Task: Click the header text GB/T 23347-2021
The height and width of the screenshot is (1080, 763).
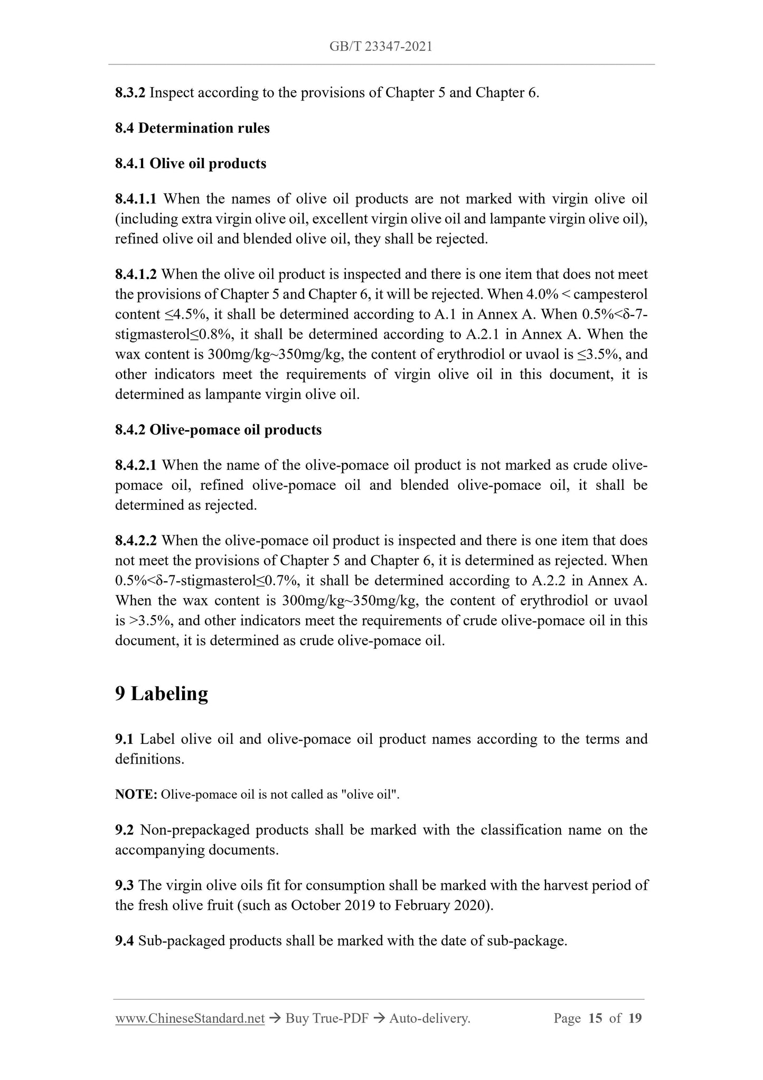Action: click(x=381, y=46)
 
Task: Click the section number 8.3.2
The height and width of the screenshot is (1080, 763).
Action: click(x=130, y=93)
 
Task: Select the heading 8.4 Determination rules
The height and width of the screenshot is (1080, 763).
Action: click(x=192, y=128)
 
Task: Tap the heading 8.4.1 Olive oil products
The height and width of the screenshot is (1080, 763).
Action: click(x=191, y=164)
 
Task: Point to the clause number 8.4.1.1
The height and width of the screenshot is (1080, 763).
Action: click(x=136, y=199)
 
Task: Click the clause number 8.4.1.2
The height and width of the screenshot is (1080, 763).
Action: click(x=136, y=275)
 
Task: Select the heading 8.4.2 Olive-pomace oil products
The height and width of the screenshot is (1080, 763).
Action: click(x=218, y=430)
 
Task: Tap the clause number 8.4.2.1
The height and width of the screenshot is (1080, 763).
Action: click(x=136, y=465)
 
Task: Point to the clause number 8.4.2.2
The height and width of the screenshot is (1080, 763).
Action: click(x=136, y=541)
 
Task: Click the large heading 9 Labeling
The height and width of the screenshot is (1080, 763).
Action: click(x=162, y=693)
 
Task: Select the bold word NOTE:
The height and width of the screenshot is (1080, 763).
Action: click(x=136, y=795)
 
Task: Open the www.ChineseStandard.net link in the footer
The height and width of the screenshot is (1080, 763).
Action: click(x=190, y=1018)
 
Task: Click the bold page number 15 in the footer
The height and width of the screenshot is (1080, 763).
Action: click(x=595, y=1018)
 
